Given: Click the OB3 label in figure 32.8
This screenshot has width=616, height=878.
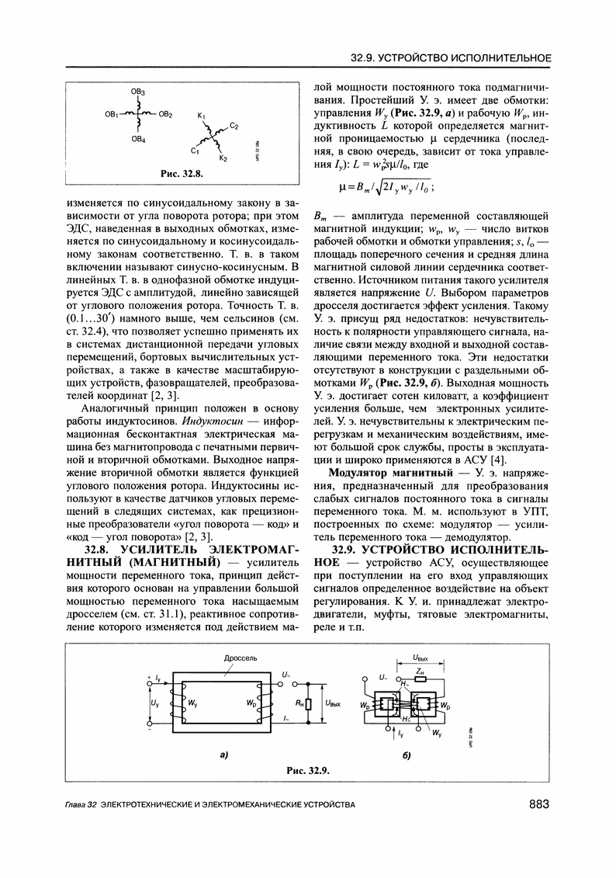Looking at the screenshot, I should (137, 92).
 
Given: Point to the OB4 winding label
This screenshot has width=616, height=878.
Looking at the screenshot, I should (137, 140).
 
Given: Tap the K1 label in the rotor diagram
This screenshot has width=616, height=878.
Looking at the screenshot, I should (200, 116).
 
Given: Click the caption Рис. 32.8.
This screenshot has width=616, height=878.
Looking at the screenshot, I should (179, 173).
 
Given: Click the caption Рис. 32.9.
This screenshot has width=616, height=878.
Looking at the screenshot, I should (309, 771).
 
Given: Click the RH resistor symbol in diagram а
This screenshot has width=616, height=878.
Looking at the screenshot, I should (309, 704).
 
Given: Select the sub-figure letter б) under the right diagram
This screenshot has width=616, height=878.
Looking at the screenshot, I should (407, 755).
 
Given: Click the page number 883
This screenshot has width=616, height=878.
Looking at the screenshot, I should (539, 806).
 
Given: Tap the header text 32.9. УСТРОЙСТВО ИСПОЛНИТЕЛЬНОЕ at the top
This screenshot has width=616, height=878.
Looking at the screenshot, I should (451, 58).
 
